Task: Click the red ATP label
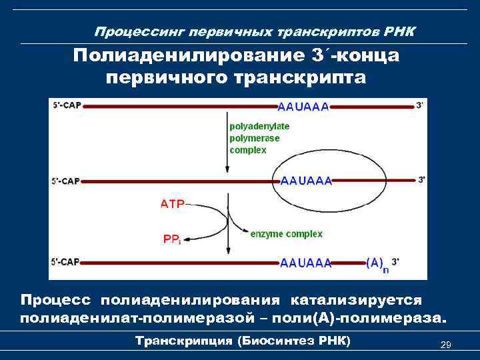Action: tap(172, 204)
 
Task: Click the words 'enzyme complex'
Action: tap(286, 234)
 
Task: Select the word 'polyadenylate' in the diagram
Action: tap(259, 126)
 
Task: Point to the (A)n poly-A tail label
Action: tap(376, 263)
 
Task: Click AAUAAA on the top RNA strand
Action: tap(303, 107)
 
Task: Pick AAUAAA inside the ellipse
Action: tap(306, 181)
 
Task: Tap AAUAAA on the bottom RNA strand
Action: tap(306, 263)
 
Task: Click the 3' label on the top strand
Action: tap(420, 105)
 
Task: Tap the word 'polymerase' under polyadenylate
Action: tap(254, 138)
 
